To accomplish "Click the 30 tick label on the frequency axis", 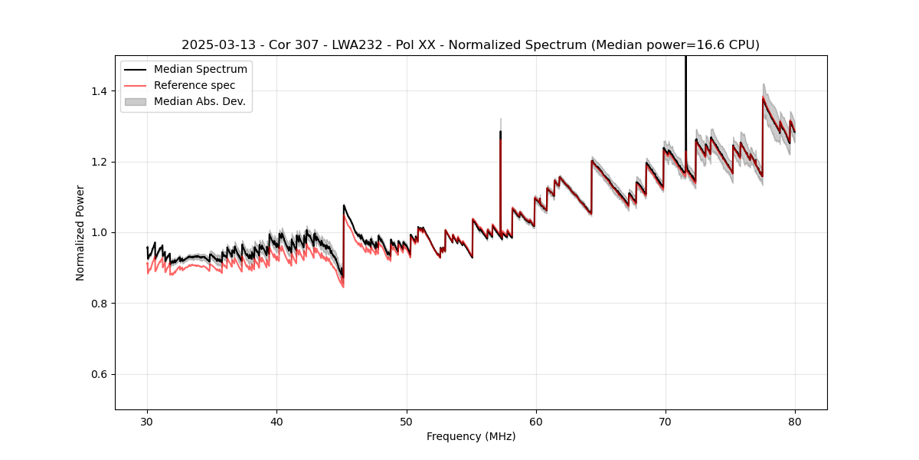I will (x=147, y=422).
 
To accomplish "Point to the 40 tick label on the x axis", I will (x=276, y=422).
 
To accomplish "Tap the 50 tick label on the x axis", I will (x=406, y=422).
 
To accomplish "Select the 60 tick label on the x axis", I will (x=535, y=422).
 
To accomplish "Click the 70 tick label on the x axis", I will (x=665, y=422).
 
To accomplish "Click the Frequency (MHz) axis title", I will (x=471, y=436).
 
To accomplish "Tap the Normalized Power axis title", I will (x=80, y=232).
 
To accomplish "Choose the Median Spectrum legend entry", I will (x=200, y=70).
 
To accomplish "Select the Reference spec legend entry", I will (x=195, y=85).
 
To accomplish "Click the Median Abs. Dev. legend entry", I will (x=199, y=101).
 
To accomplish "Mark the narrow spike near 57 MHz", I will (x=500, y=153).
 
